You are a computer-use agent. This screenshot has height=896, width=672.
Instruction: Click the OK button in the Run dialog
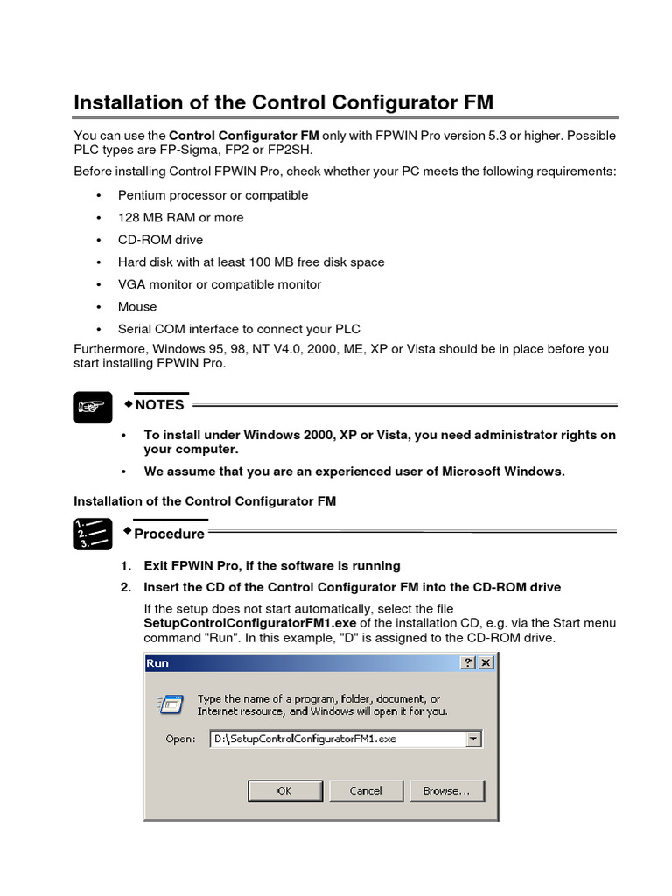284,790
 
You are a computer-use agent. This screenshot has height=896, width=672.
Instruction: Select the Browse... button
446,790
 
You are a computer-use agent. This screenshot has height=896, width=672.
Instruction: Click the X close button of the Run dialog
486,663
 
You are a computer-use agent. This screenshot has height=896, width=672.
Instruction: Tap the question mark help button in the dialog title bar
468,663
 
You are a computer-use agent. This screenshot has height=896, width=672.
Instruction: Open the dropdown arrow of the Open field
473,739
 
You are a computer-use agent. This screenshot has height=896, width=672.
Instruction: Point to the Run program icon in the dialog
170,704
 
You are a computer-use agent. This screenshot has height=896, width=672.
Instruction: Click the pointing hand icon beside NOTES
93,407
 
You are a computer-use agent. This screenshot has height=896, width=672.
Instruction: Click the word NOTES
159,405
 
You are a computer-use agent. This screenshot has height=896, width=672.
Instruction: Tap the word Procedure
169,534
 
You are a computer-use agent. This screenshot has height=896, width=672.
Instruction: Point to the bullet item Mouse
137,307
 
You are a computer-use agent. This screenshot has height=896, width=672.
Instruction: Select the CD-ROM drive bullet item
160,240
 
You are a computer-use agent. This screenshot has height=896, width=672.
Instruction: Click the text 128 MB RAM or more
180,218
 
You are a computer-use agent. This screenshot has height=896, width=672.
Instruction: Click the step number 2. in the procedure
127,587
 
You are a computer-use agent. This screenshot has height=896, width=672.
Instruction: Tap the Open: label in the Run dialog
180,739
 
